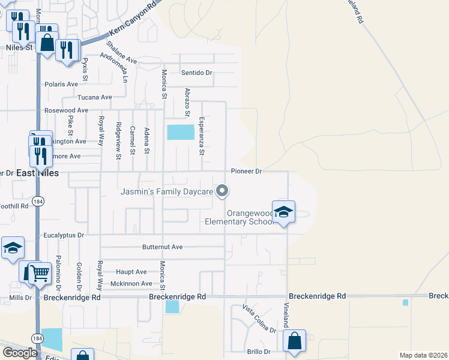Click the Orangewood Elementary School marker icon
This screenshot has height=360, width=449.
[283, 212]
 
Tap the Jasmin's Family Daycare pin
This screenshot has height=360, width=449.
[222, 191]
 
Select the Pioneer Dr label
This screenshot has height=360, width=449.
[247, 172]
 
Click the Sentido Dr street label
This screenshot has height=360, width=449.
[197, 73]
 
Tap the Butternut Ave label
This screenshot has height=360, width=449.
[162, 247]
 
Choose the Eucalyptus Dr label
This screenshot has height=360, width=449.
[64, 235]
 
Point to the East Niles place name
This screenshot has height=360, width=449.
[37, 173]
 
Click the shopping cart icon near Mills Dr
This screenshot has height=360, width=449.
[40, 273]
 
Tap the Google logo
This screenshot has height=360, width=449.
[19, 352]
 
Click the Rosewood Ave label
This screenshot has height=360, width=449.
[66, 110]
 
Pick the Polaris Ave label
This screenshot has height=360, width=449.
[61, 84]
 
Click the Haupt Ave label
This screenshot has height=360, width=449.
[131, 272]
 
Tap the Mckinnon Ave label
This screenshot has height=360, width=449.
[131, 284]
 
